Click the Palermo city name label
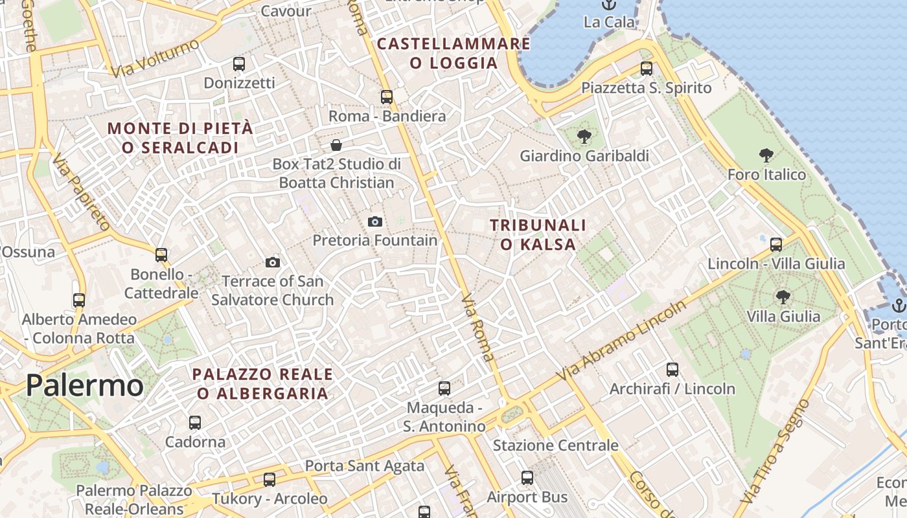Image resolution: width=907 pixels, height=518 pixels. pos(84,386)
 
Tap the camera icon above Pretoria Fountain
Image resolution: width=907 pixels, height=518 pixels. pos(374,221)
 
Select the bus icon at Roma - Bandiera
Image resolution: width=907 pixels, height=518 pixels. pos(387,97)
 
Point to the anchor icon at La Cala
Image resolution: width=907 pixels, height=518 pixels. pos(608,5)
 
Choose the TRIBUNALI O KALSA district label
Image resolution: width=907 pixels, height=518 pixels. pos(538,234)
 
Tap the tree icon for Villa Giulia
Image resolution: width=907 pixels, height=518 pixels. pos(783,297)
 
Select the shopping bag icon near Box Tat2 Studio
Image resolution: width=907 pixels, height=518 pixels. pos(336,144)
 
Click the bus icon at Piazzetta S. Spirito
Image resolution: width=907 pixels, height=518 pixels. pos(646,69)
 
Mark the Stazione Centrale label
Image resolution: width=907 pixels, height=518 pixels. pos(555,445)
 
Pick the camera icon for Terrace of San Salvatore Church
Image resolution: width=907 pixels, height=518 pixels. pos(273,262)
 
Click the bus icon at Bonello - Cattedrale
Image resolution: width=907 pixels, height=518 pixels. pos(161,255)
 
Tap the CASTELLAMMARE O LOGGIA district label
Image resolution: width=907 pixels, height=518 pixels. pos(454,53)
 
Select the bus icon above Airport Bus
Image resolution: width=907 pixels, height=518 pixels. pos(527,478)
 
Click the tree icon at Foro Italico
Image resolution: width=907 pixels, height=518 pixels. pos(766,155)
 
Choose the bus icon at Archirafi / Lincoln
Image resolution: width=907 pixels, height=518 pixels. pos(672,370)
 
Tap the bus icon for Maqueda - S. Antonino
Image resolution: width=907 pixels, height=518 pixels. pos(444,388)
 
